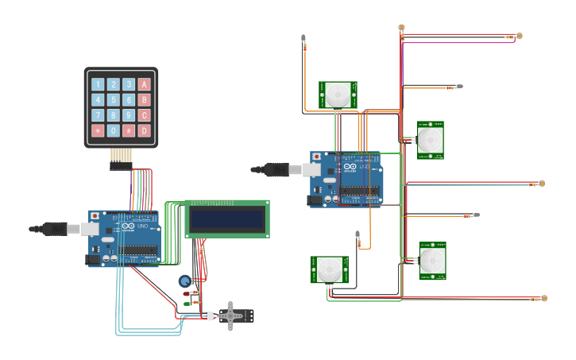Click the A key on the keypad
(x=144, y=84)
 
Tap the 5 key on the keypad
(x=113, y=100)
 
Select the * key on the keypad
(x=98, y=130)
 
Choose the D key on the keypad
(x=144, y=130)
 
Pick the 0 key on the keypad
(x=113, y=130)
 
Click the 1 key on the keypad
(x=98, y=84)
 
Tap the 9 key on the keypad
(x=129, y=115)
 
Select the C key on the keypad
(x=144, y=115)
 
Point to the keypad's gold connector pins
(x=121, y=156)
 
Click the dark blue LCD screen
(x=226, y=219)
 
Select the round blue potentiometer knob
(x=184, y=281)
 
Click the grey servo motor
(x=232, y=315)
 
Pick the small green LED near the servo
(x=187, y=303)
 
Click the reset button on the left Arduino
(x=95, y=215)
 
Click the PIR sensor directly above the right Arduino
(x=338, y=95)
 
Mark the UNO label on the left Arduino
(x=143, y=226)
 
